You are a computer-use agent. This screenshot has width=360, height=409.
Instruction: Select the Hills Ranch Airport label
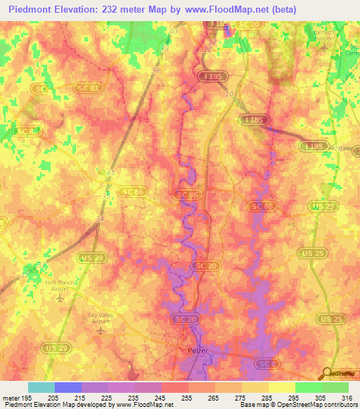[x=60, y=285]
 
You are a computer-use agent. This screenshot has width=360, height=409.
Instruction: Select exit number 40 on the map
[x=174, y=32]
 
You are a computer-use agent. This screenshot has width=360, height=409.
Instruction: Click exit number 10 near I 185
[x=228, y=93]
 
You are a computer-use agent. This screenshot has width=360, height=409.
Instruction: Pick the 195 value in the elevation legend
[x=27, y=397]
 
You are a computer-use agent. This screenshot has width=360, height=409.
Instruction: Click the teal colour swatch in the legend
[x=41, y=387]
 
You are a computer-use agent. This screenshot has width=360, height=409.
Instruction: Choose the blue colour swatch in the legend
[x=68, y=387]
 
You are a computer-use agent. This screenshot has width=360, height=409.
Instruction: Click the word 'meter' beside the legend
[x=11, y=397]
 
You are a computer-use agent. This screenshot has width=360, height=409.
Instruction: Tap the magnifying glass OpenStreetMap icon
[x=328, y=374]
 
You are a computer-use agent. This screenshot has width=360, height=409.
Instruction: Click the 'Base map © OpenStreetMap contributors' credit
[x=298, y=405]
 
